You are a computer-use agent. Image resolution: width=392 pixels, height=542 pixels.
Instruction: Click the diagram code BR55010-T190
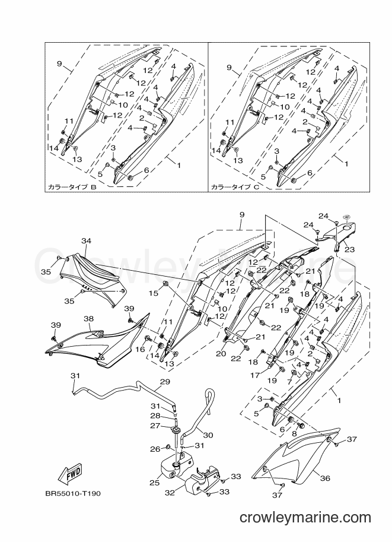tap(73, 493)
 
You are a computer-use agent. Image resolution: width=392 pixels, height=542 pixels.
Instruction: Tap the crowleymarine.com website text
tap(305, 518)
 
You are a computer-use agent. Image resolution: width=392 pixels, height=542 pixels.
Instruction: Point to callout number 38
tap(88, 318)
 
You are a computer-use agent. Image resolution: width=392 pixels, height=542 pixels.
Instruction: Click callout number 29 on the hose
tap(165, 382)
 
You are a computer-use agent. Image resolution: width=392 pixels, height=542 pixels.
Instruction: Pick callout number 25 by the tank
tap(154, 483)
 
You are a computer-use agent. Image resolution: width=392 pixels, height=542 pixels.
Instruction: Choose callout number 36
tap(325, 478)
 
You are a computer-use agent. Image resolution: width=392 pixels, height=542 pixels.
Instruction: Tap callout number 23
tap(349, 249)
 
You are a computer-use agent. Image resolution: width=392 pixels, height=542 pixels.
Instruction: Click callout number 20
tap(221, 354)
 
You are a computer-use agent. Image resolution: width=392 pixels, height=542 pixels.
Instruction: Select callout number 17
tap(254, 375)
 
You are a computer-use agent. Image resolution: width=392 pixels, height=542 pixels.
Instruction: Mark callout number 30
tap(208, 435)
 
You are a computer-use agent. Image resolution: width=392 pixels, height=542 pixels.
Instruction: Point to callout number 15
tap(154, 293)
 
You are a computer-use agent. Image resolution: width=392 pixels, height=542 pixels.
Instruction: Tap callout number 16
tap(140, 350)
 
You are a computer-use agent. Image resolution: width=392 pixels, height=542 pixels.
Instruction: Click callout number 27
tap(155, 426)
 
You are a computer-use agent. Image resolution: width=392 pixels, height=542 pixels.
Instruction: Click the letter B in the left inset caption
tap(93, 188)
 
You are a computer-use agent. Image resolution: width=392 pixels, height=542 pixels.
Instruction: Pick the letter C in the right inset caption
tap(256, 188)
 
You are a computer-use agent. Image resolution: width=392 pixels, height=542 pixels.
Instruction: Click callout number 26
tap(155, 449)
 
